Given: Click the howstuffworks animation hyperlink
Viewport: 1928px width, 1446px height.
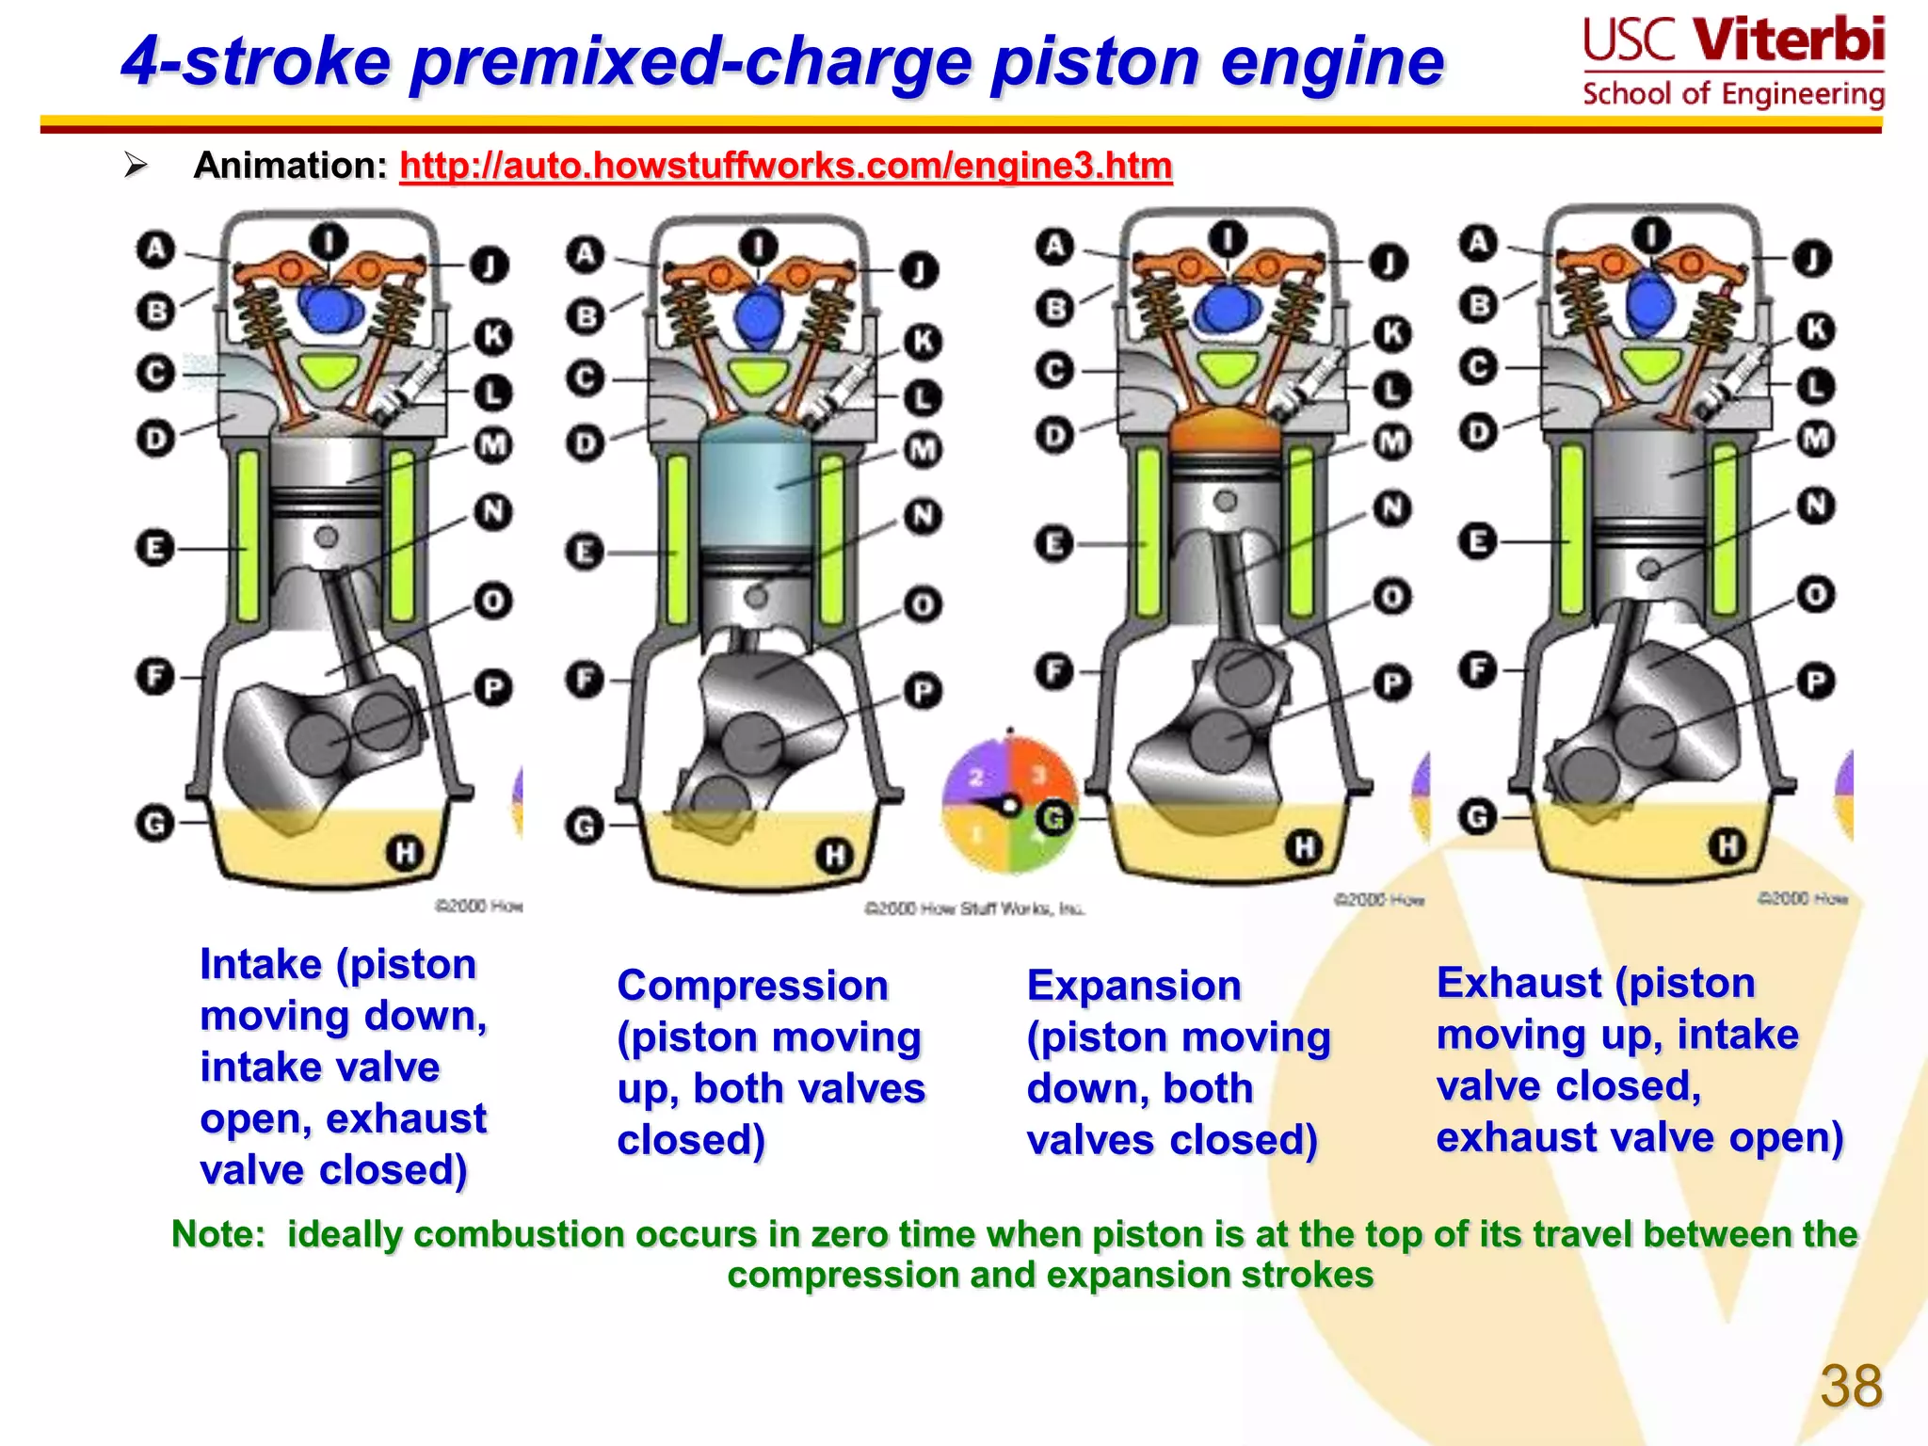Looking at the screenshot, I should [x=785, y=166].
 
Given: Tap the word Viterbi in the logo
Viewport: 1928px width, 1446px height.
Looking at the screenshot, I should [x=1788, y=40].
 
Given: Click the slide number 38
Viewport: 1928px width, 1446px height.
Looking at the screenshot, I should [x=1851, y=1387].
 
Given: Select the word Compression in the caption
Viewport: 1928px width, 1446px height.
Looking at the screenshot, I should [x=752, y=986].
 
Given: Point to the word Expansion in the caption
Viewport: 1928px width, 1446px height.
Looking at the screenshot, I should [x=1133, y=986].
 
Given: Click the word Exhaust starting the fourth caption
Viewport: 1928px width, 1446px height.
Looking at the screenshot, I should [x=1518, y=983].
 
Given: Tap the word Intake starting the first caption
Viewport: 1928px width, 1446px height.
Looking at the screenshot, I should [x=261, y=965].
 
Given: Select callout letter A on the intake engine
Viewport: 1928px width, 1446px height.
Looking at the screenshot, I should [x=155, y=249].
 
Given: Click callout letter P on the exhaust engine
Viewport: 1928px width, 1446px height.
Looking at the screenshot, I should [x=1816, y=682].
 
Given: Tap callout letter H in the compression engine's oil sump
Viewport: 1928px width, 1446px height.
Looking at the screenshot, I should [x=834, y=856].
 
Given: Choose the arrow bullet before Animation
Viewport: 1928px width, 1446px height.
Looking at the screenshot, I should [x=137, y=166].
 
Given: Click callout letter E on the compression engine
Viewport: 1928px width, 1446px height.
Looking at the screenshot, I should [x=585, y=552].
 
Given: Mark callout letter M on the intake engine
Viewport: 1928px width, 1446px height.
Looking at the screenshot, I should [x=492, y=444].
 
